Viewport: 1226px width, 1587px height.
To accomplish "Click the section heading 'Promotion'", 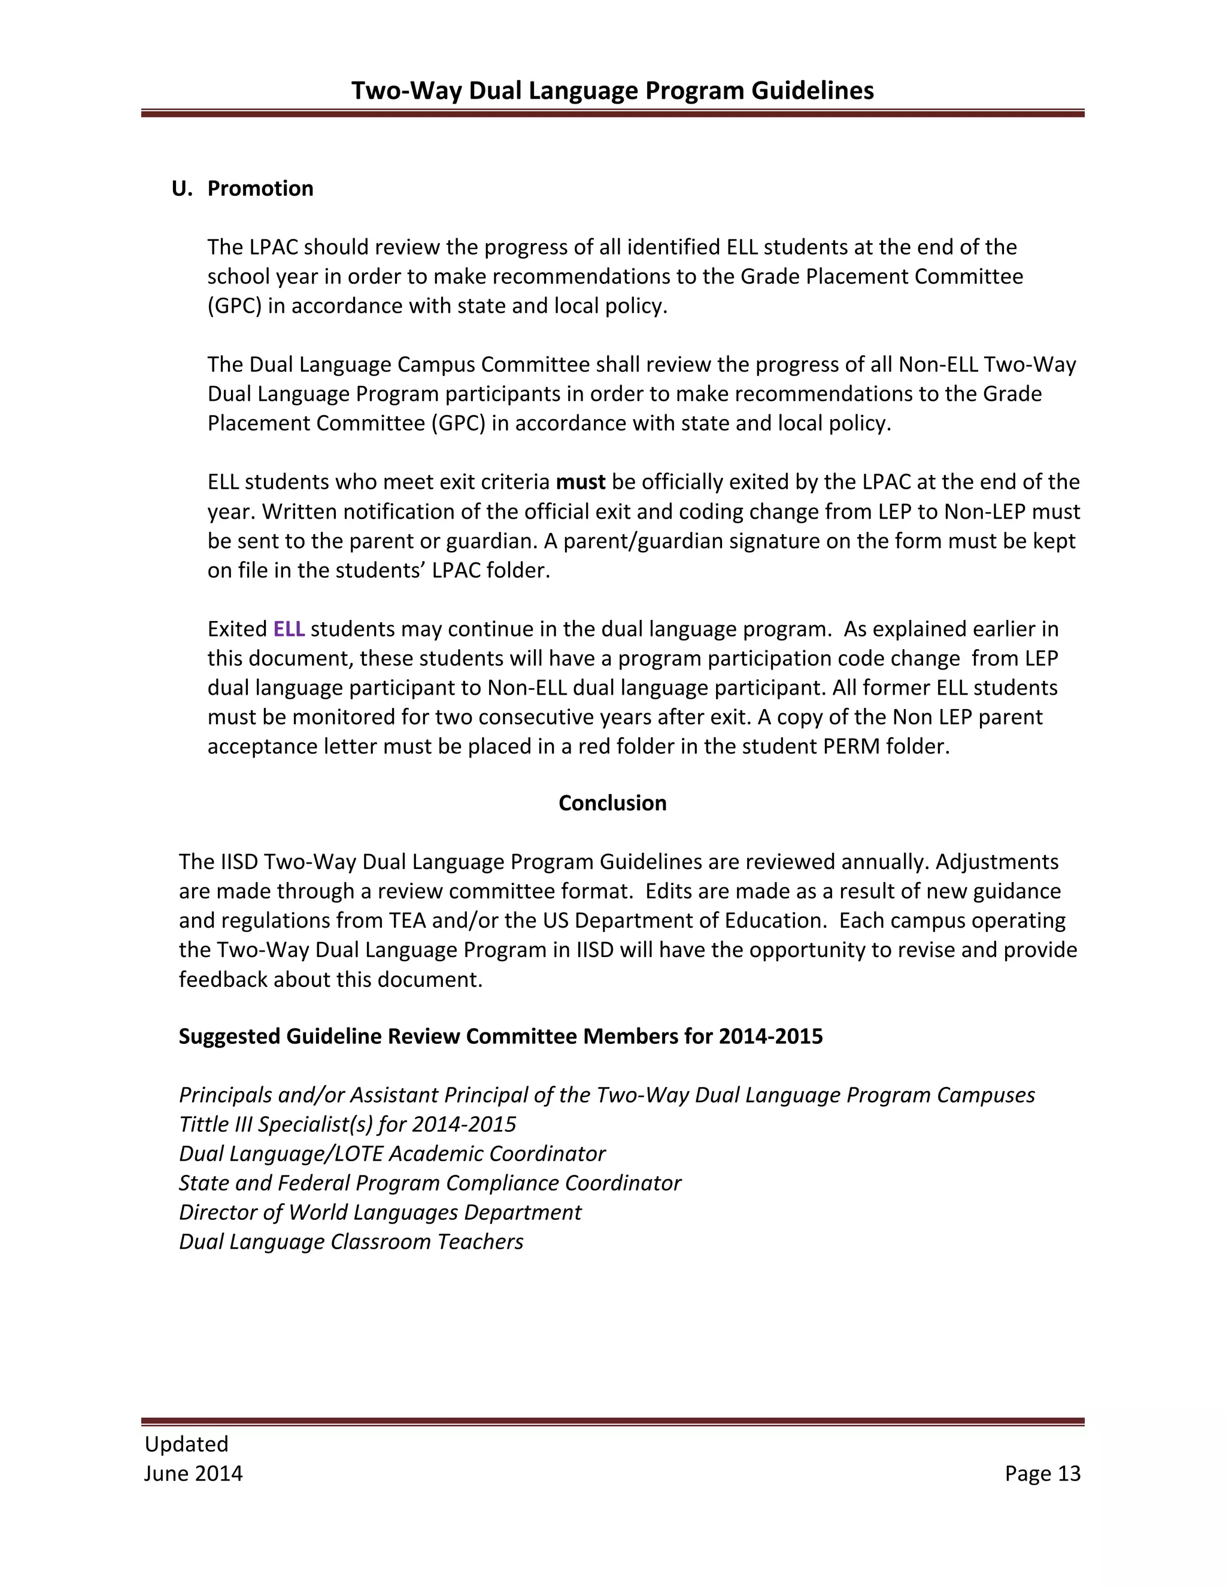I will (260, 188).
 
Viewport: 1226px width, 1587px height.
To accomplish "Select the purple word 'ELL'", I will (289, 629).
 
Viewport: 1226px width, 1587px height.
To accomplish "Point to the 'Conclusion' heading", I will (612, 803).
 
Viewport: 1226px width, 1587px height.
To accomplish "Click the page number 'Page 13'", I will (1042, 1473).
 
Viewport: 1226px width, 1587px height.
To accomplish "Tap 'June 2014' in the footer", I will (193, 1473).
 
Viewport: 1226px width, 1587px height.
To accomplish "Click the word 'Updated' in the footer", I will (187, 1444).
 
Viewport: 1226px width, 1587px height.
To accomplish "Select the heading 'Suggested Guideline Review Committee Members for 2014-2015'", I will (500, 1036).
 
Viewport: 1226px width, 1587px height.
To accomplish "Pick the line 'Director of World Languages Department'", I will (380, 1212).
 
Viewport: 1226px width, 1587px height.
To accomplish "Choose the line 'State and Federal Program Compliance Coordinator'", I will (430, 1183).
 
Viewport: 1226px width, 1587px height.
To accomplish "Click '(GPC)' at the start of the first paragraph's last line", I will (235, 306).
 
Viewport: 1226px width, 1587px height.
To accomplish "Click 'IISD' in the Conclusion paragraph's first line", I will (239, 862).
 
